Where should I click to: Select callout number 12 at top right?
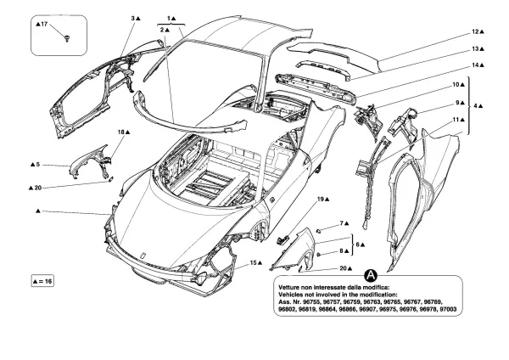tap(477, 31)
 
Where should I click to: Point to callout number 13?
tap(477, 48)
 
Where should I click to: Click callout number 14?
tap(477, 65)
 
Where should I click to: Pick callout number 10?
tap(456, 85)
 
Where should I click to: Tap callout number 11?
tap(456, 121)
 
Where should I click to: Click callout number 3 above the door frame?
tap(134, 18)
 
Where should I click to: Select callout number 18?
tap(121, 132)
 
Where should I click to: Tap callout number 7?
tap(344, 223)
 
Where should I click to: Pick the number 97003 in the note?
tap(445, 310)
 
